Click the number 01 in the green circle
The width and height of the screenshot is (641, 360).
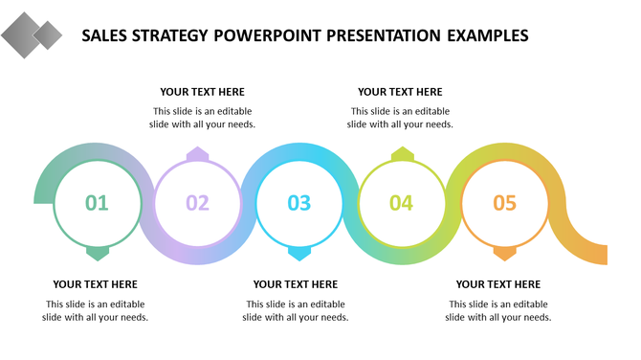[97, 203]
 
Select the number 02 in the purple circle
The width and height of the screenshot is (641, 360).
[197, 203]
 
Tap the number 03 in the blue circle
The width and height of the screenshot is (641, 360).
[299, 203]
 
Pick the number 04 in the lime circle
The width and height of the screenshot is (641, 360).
[401, 203]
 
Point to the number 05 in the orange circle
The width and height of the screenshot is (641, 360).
[504, 203]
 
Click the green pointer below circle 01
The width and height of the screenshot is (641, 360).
[97, 253]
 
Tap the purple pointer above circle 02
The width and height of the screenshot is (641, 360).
[197, 154]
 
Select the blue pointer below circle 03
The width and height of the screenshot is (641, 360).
[299, 253]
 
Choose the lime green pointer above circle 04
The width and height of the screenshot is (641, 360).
[402, 154]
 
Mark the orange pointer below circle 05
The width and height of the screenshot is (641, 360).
[504, 253]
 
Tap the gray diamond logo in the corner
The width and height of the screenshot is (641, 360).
[31, 36]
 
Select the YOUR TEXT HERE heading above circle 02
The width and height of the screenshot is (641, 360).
[202, 92]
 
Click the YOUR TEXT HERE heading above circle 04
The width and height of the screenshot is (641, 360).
[400, 92]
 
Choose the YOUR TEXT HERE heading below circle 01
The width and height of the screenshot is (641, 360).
[95, 284]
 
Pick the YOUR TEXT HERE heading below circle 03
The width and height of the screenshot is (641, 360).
[295, 284]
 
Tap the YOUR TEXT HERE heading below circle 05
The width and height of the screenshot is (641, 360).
[497, 284]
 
